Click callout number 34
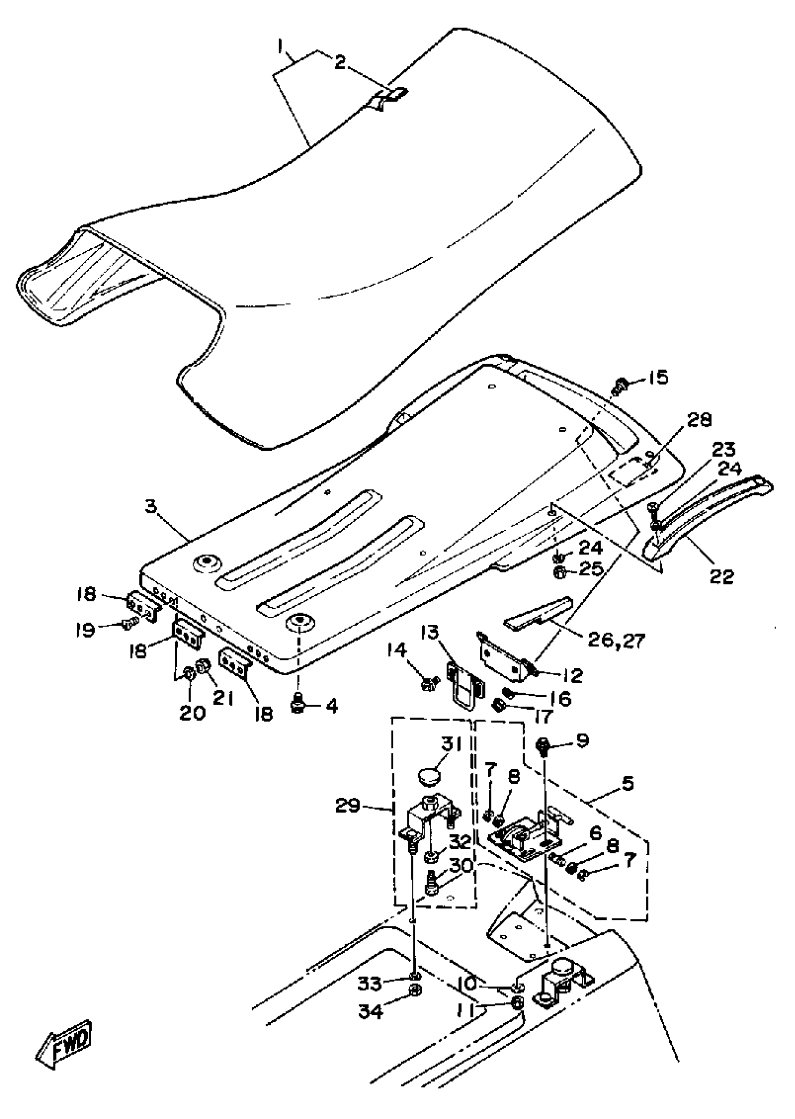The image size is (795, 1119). (370, 1011)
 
